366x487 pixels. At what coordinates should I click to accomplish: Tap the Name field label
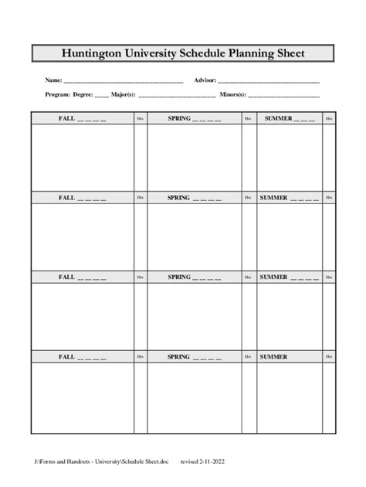(53, 80)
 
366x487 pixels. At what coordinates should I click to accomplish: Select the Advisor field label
(205, 80)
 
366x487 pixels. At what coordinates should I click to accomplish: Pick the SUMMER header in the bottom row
(274, 356)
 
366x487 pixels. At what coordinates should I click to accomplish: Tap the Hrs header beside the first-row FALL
(140, 118)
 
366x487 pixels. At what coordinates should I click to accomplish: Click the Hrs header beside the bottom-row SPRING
(248, 356)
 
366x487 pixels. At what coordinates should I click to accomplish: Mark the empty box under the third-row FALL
(82, 315)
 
